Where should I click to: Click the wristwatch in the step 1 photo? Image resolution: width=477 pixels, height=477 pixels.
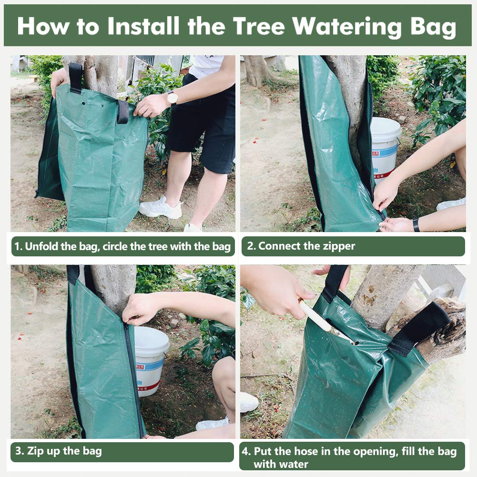(172, 98)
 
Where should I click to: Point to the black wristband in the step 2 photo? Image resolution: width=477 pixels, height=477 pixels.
(416, 225)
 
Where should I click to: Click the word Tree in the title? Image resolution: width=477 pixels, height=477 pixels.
(259, 26)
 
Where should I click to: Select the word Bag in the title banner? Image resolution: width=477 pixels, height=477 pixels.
(432, 27)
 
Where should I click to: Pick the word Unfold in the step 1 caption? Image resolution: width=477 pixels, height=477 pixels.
(42, 246)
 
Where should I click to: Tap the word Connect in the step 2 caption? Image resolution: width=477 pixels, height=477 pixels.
(277, 246)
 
